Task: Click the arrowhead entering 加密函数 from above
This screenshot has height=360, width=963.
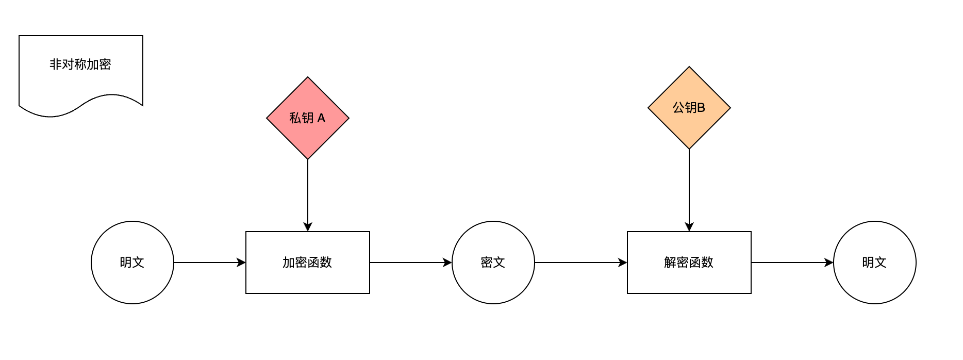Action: click(x=308, y=227)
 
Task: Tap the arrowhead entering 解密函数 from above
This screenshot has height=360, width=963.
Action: click(x=689, y=227)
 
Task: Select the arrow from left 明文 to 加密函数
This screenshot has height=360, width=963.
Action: click(x=206, y=263)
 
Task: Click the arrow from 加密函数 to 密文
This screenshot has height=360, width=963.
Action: click(x=407, y=263)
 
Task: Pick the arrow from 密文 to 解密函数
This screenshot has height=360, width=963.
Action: click(x=577, y=263)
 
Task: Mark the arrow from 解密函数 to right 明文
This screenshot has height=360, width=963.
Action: click(x=789, y=263)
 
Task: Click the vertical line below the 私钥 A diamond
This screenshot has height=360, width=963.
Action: click(x=308, y=191)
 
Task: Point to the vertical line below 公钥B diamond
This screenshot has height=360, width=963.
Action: click(x=689, y=186)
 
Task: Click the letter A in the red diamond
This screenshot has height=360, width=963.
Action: click(x=321, y=118)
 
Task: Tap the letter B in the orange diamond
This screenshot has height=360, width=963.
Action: click(x=701, y=108)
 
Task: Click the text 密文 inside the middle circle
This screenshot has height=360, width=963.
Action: click(x=493, y=263)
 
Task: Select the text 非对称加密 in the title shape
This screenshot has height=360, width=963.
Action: click(x=80, y=64)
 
